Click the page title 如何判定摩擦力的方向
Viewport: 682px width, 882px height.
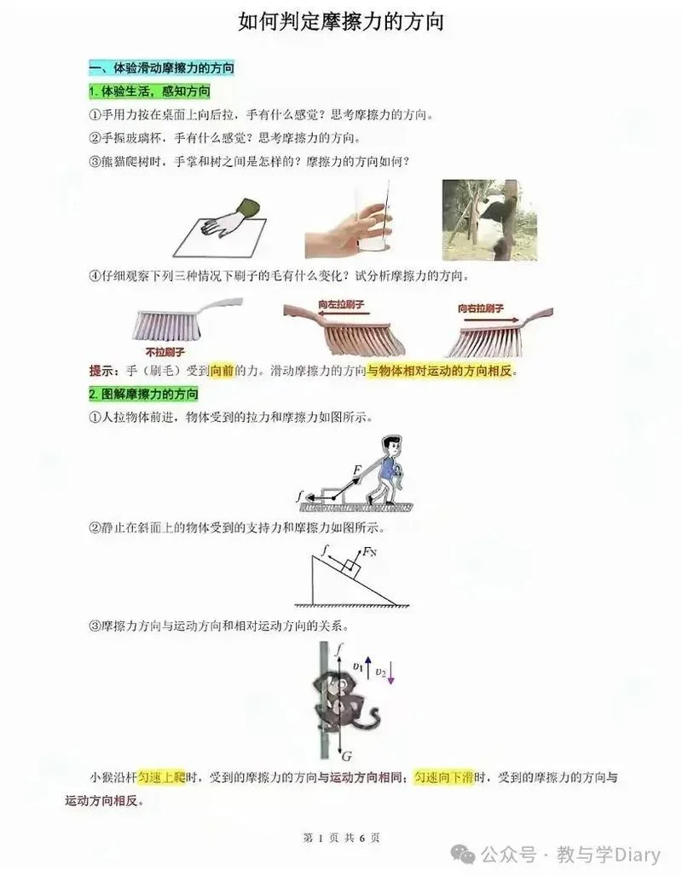click(x=341, y=22)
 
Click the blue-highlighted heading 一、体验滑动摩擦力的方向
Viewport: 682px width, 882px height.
click(x=161, y=68)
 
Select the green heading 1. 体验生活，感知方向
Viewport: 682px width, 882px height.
click(x=149, y=91)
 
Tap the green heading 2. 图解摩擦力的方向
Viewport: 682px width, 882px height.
click(x=143, y=394)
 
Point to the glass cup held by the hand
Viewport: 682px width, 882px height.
click(x=372, y=216)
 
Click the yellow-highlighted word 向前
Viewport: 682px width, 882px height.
click(x=221, y=371)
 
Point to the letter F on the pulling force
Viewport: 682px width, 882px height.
click(x=356, y=470)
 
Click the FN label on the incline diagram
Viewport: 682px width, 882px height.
click(x=369, y=552)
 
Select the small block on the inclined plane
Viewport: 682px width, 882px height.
click(x=352, y=568)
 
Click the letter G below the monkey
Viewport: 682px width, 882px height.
click(x=347, y=756)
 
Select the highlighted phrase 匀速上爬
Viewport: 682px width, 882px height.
click(x=162, y=777)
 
